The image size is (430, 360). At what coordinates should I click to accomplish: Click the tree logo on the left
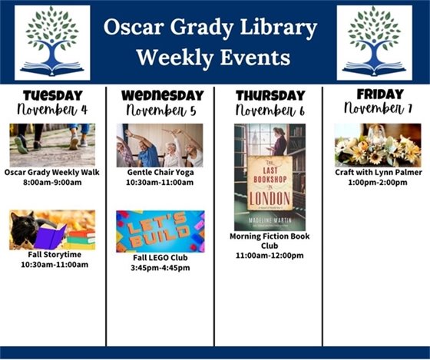[52, 42]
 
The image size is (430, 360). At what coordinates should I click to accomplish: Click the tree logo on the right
[374, 42]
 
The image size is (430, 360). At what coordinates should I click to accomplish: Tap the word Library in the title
[279, 29]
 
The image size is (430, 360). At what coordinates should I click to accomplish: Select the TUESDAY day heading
[52, 95]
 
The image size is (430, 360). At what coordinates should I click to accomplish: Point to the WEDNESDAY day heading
[162, 95]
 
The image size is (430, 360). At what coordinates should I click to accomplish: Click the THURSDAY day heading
[270, 95]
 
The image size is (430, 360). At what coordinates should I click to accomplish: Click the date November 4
[52, 109]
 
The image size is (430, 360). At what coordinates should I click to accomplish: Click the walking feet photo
[52, 144]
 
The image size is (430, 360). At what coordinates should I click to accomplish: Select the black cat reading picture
[52, 230]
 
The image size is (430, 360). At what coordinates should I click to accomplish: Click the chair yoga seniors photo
[160, 145]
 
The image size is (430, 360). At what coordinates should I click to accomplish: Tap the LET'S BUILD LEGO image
[160, 231]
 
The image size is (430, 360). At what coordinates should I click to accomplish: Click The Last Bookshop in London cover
[270, 177]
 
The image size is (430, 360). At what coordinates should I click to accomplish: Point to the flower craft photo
[377, 145]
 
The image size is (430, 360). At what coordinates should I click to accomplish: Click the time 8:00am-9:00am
[52, 183]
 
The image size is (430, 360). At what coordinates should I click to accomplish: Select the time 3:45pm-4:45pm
[160, 268]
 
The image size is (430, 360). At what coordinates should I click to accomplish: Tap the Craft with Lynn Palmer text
[377, 173]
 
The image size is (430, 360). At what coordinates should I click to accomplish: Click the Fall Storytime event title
[52, 255]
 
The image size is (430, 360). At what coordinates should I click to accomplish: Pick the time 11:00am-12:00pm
[270, 256]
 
